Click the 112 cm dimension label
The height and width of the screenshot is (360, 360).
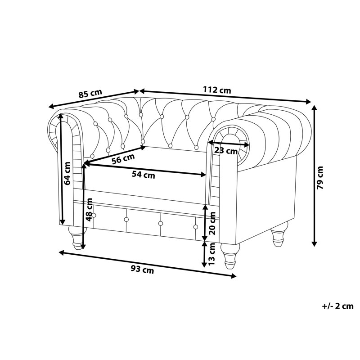pyautogui.click(x=217, y=90)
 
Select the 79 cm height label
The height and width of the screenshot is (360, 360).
pyautogui.click(x=319, y=177)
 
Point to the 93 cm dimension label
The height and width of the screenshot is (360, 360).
pyautogui.click(x=142, y=270)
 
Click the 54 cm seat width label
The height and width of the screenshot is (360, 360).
pyautogui.click(x=143, y=175)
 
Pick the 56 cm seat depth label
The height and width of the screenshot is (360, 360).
pyautogui.click(x=123, y=159)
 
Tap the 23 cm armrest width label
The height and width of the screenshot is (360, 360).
pyautogui.click(x=226, y=151)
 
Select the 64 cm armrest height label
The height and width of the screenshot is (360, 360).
pyautogui.click(x=67, y=173)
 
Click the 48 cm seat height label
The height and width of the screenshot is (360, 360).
pyautogui.click(x=89, y=210)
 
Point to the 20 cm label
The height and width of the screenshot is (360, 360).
pyautogui.click(x=212, y=223)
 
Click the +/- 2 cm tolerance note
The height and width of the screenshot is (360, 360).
pyautogui.click(x=338, y=306)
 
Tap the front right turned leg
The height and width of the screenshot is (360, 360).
pyautogui.click(x=230, y=256)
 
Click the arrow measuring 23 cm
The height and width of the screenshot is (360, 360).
pyautogui.click(x=229, y=144)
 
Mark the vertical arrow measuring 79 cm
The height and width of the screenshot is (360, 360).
pyautogui.click(x=314, y=176)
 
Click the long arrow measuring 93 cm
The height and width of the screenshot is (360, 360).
pyautogui.click(x=148, y=264)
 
